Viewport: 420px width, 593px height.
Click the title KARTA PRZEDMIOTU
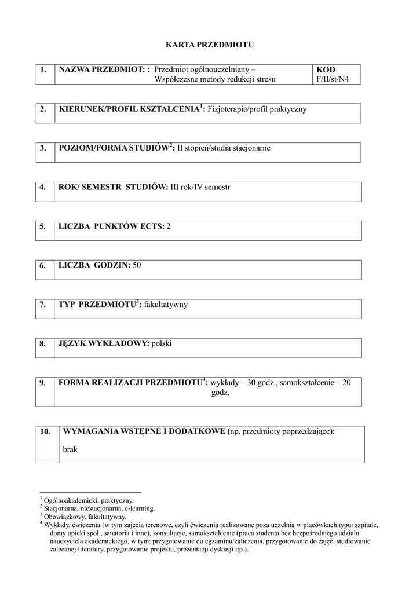pos(210,45)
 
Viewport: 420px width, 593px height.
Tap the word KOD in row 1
pos(326,69)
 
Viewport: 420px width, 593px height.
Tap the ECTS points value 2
pos(169,226)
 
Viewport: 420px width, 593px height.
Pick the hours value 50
pos(137,265)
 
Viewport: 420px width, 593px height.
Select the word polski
pos(162,343)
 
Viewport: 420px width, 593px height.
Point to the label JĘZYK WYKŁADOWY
pos(104,343)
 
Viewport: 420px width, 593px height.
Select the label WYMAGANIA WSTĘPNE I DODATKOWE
pos(144,431)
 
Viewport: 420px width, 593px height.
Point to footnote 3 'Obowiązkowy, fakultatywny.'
pos(85,517)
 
